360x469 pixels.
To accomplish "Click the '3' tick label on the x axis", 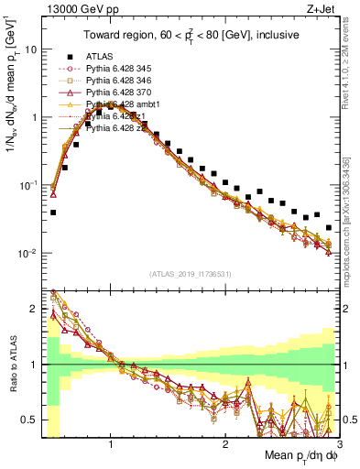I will [338, 443].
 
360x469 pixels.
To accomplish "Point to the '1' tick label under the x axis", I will [111, 443].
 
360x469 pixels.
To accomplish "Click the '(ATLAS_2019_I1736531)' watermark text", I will [191, 274].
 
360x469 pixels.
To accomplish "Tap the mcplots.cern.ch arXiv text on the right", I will [351, 211].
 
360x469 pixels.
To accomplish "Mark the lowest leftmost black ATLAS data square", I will [53, 213].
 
